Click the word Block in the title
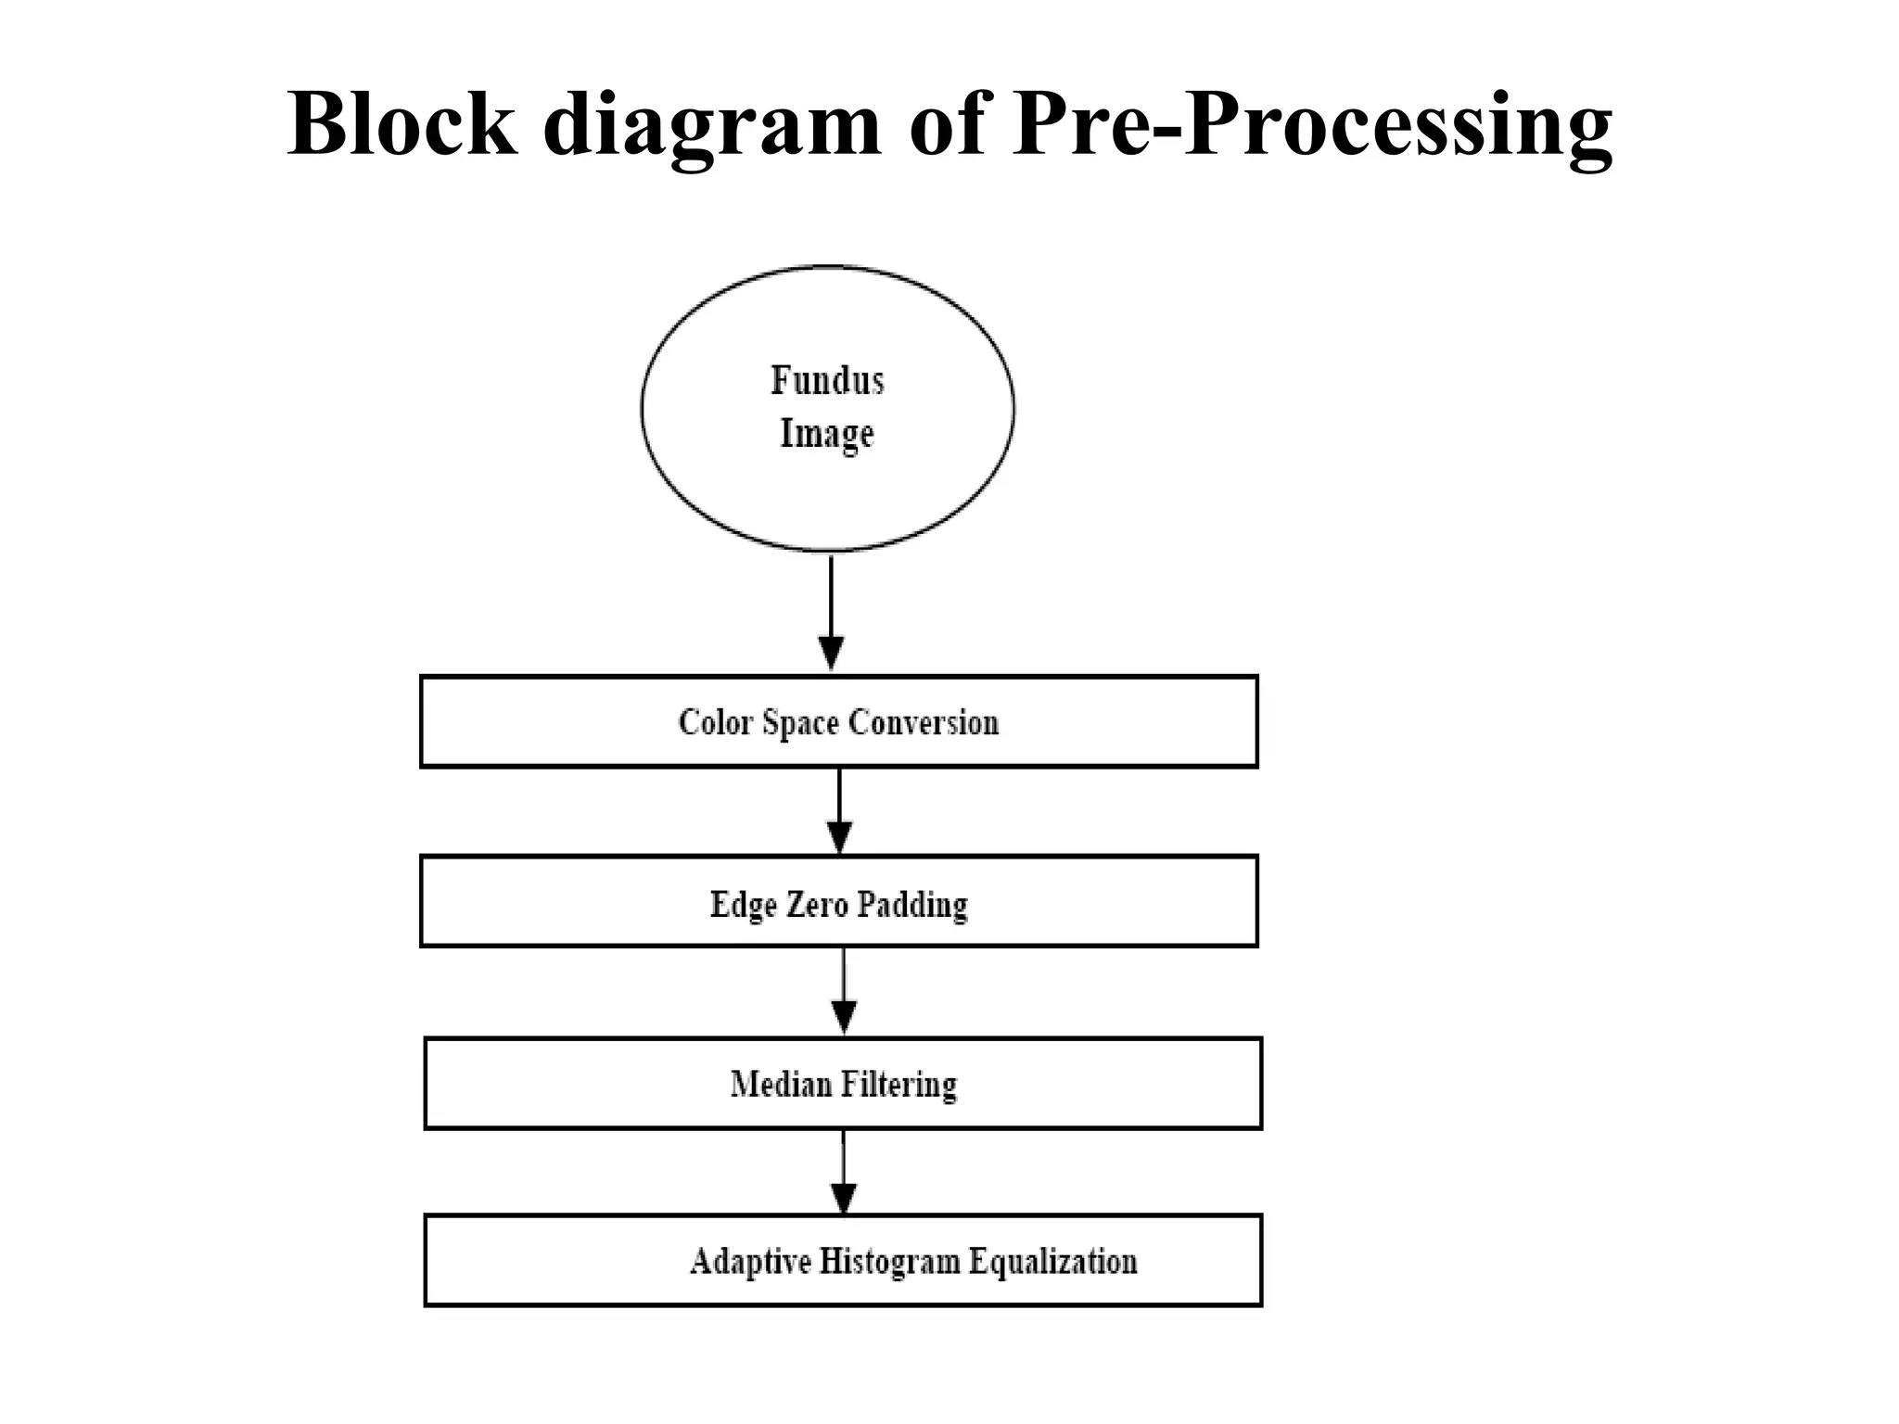click(401, 124)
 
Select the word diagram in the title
click(712, 126)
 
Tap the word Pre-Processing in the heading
click(1312, 126)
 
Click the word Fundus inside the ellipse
click(827, 380)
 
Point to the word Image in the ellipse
click(827, 434)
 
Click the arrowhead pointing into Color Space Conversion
click(832, 653)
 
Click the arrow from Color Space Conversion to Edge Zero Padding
click(839, 811)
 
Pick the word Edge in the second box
click(744, 905)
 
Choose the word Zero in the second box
click(818, 904)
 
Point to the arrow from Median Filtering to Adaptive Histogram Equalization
click(844, 1173)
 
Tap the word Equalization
click(1052, 1263)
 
